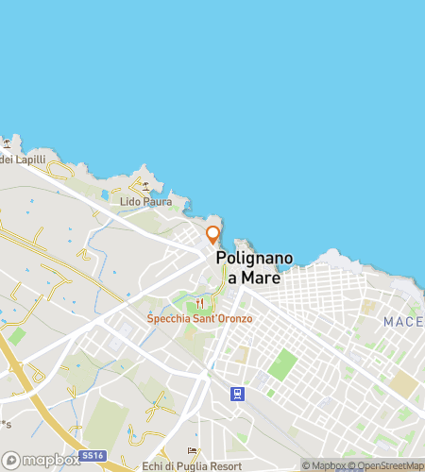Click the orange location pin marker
click(x=213, y=235)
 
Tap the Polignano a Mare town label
click(x=254, y=268)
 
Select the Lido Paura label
click(x=145, y=202)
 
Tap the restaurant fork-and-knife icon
click(x=199, y=303)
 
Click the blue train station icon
click(x=237, y=393)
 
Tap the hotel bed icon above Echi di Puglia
click(x=194, y=450)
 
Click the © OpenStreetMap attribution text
click(x=385, y=465)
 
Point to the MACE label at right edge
click(x=404, y=323)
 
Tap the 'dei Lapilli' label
click(x=18, y=160)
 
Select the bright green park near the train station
click(x=281, y=363)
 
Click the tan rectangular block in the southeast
click(x=404, y=383)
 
